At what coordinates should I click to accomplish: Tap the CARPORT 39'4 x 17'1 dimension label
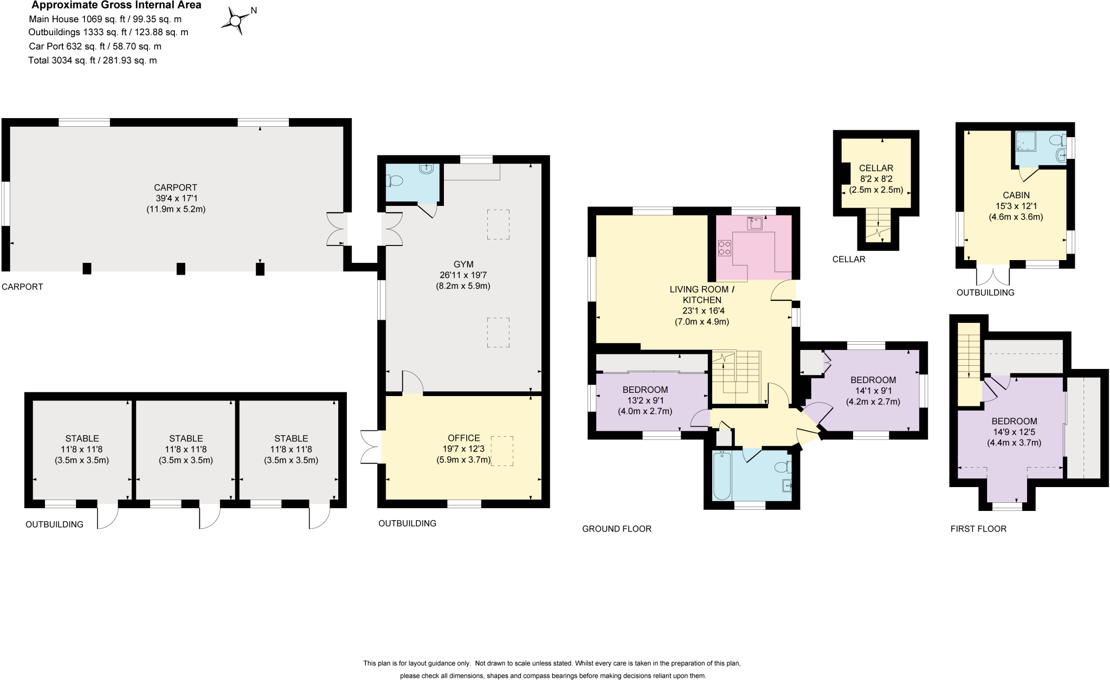[x=176, y=198]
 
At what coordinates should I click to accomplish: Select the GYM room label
[x=463, y=264]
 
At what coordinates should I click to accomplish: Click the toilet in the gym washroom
[x=395, y=181]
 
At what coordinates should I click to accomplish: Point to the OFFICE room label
[x=463, y=438]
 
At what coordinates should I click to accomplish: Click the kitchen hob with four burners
[x=725, y=248]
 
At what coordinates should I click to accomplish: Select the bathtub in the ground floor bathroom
[x=721, y=475]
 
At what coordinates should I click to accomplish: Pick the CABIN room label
[x=1016, y=195]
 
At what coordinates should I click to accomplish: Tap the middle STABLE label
[x=186, y=438]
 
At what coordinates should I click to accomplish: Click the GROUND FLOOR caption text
[x=616, y=529]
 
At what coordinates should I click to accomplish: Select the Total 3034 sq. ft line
[x=93, y=60]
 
